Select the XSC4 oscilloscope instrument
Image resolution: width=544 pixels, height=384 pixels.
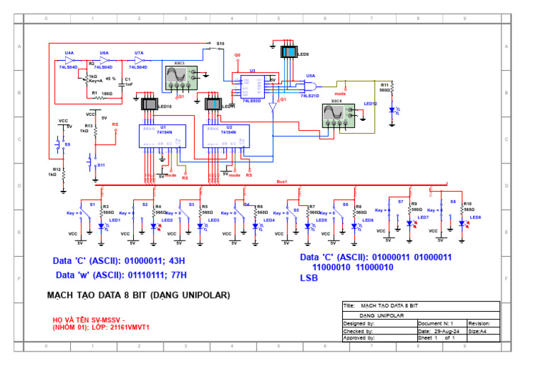pyautogui.click(x=336, y=115)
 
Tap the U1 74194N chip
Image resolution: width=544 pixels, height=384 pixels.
pyautogui.click(x=162, y=136)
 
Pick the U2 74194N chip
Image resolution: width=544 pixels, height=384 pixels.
pyautogui.click(x=226, y=136)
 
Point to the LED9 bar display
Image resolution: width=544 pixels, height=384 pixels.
pyautogui.click(x=290, y=52)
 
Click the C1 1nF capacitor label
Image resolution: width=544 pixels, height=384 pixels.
pyautogui.click(x=127, y=82)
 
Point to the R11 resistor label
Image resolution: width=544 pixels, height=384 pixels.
pyautogui.click(x=385, y=84)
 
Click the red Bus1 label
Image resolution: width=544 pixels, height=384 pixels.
pyautogui.click(x=282, y=181)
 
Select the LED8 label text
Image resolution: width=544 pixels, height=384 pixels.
pyautogui.click(x=475, y=218)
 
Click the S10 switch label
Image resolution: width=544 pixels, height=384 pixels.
pyautogui.click(x=220, y=43)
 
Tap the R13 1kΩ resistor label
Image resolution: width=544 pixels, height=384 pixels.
pyautogui.click(x=85, y=128)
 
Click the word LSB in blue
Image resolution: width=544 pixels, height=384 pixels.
pyautogui.click(x=310, y=279)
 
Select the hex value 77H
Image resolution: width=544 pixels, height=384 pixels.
pyautogui.click(x=177, y=274)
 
